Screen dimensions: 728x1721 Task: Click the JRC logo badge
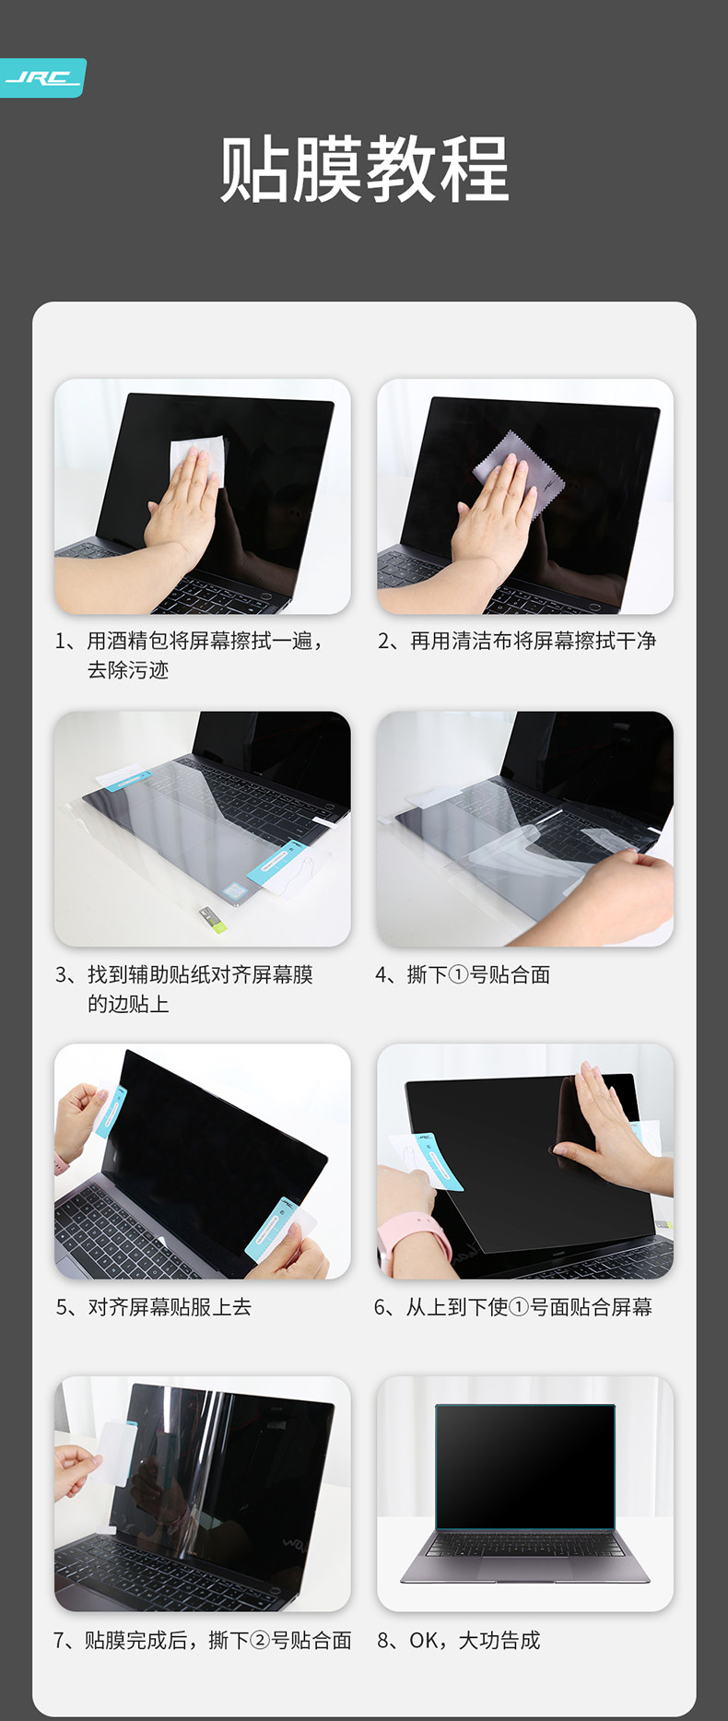pyautogui.click(x=42, y=77)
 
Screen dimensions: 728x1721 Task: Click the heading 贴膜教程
pyautogui.click(x=365, y=169)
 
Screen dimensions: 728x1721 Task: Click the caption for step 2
pyautogui.click(x=517, y=641)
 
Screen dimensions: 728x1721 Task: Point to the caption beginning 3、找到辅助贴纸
pyautogui.click(x=184, y=989)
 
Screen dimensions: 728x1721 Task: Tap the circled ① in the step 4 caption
pyautogui.click(x=458, y=974)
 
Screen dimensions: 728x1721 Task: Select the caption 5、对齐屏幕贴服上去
pyautogui.click(x=153, y=1307)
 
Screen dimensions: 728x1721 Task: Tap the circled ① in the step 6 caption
pyautogui.click(x=519, y=1307)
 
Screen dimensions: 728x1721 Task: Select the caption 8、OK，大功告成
pyautogui.click(x=459, y=1640)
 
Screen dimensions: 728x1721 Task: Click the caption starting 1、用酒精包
pyautogui.click(x=190, y=655)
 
